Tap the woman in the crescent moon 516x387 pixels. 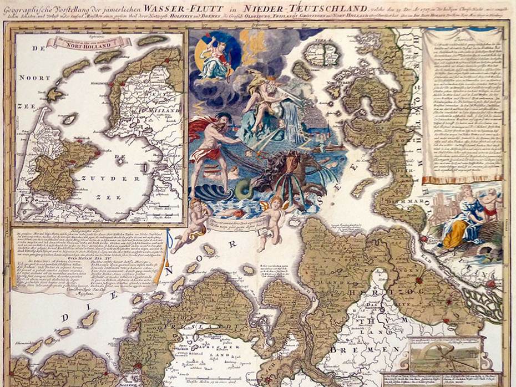point(216,58)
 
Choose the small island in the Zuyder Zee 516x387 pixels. point(70,119)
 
